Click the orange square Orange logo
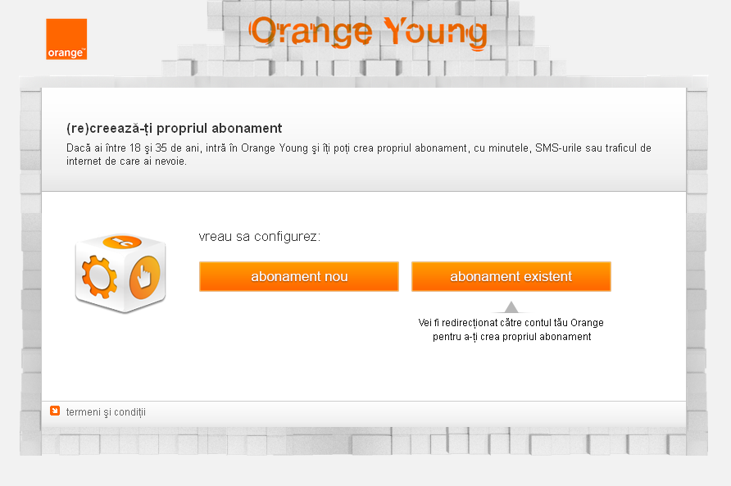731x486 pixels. coord(66,39)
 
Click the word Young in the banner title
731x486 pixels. coord(435,32)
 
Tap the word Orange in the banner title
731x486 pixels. coord(311,32)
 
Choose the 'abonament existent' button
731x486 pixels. coord(511,276)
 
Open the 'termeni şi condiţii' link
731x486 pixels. coord(106,412)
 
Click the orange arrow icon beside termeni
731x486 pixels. coord(55,411)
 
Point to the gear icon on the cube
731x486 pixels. coord(99,276)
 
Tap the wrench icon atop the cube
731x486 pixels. coord(121,242)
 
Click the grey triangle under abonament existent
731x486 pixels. coord(511,307)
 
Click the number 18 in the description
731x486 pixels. coord(135,148)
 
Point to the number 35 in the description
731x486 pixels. coord(161,148)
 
